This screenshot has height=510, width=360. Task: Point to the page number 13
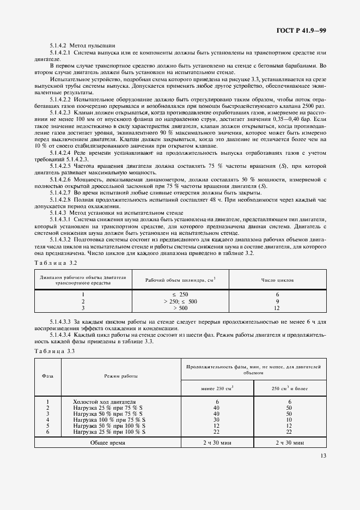[x=324, y=471]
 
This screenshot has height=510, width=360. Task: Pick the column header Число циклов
[x=278, y=280]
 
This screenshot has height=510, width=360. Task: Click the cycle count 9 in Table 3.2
[x=278, y=301]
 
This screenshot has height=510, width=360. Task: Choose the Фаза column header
[x=48, y=376]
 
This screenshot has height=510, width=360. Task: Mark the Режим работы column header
[x=121, y=376]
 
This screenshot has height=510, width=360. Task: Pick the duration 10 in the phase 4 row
[x=290, y=420]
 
